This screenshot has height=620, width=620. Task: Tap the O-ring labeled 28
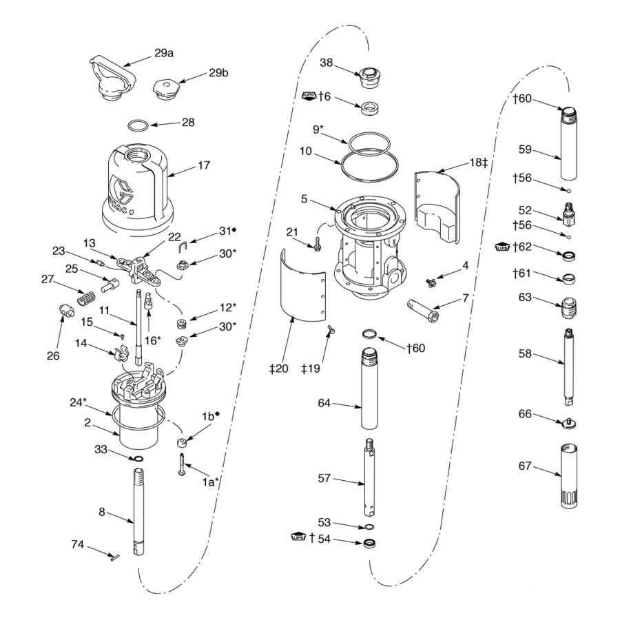pyautogui.click(x=138, y=126)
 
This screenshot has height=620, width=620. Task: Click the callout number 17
pyautogui.click(x=203, y=165)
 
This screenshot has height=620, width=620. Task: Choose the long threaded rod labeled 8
pyautogui.click(x=136, y=506)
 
